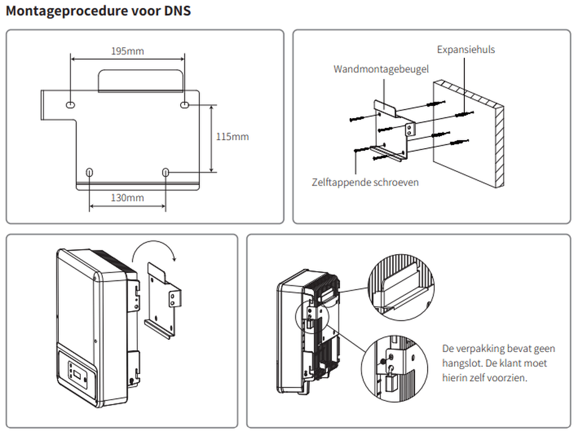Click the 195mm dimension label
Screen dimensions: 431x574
(127, 51)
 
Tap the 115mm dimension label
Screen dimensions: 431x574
(233, 137)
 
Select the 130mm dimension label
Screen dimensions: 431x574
(127, 197)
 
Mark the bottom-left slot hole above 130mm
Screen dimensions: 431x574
(90, 173)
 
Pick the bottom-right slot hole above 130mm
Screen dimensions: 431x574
(165, 173)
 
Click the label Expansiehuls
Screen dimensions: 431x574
(466, 50)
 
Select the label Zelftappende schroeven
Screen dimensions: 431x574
(365, 182)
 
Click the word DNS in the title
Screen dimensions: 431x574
(178, 12)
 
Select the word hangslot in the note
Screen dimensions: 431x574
(463, 363)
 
